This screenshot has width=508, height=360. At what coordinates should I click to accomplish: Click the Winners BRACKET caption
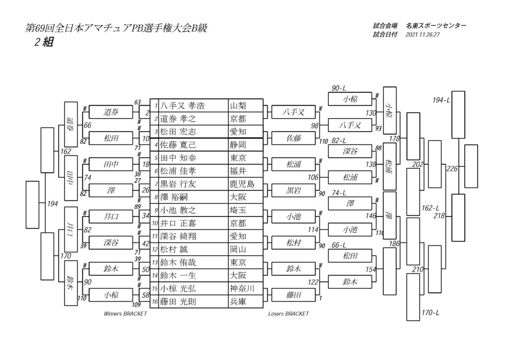click(x=126, y=314)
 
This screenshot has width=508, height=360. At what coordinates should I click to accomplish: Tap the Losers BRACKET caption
click(x=288, y=314)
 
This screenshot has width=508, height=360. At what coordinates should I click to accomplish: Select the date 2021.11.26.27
click(x=423, y=35)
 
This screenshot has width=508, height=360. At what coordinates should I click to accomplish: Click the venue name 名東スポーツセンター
click(x=436, y=26)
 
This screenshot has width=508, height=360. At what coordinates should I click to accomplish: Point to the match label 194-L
click(x=441, y=100)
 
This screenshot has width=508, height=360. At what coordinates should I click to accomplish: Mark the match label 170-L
click(x=431, y=313)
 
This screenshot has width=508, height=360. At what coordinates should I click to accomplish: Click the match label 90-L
click(x=339, y=88)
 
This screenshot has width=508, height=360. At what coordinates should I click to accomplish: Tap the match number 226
click(x=452, y=169)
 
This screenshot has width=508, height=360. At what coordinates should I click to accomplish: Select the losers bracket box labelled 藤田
click(x=294, y=295)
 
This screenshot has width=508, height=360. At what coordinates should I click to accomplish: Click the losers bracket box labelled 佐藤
click(x=294, y=138)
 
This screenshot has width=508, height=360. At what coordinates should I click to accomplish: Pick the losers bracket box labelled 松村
click(x=294, y=243)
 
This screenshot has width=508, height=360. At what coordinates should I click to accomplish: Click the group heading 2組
click(x=44, y=42)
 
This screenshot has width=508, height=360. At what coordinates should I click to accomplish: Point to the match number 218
click(x=439, y=216)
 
